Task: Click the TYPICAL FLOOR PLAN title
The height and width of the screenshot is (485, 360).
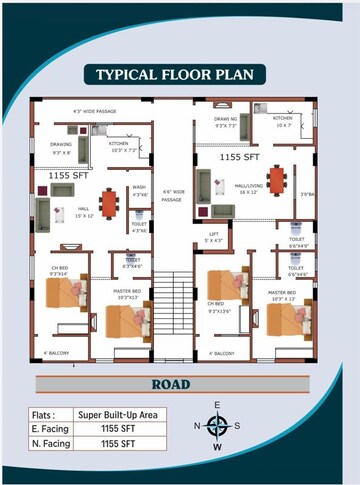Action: (x=180, y=74)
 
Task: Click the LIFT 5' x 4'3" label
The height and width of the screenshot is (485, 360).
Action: (x=212, y=239)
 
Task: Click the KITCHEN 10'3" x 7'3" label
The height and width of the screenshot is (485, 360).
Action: (x=125, y=147)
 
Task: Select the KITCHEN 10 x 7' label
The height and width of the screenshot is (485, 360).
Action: (x=283, y=122)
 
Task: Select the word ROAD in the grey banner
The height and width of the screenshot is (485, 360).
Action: (x=179, y=383)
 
